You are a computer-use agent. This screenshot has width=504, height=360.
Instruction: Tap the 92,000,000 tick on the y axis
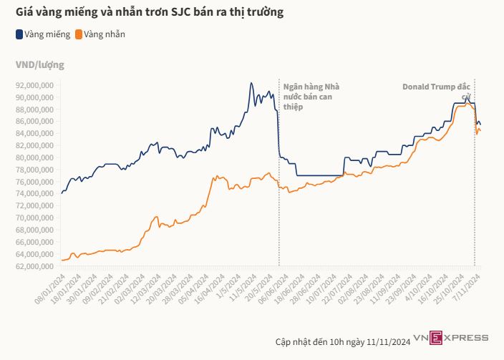pos(35,85)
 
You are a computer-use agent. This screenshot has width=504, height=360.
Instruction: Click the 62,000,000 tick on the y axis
pos(35,266)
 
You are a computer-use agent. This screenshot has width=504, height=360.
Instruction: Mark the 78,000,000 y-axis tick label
pos(35,170)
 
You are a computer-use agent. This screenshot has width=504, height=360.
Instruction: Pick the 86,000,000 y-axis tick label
pos(35,122)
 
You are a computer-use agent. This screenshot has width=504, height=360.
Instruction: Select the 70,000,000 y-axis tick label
pos(35,218)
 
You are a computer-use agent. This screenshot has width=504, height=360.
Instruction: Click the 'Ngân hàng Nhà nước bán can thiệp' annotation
pos(311,96)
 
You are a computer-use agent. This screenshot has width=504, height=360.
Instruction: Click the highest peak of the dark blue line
pos(251,83)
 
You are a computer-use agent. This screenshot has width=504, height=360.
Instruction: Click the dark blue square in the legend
pos(19,34)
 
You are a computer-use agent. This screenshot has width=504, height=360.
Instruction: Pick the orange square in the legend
pos(78,34)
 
